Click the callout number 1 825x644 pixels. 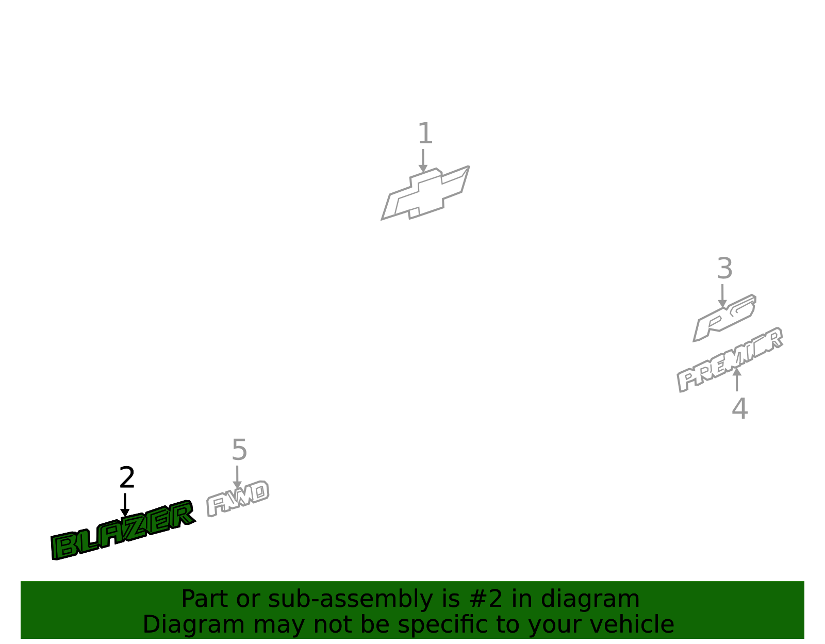425,133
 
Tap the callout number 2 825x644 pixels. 127,478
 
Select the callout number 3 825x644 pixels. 725,268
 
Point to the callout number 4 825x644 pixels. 739,409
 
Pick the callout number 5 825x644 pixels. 240,450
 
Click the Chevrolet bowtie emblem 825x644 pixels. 425,193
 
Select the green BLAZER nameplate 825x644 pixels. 123,530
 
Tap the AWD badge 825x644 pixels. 238,499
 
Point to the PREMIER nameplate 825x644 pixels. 730,360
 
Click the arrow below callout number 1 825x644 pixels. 423,160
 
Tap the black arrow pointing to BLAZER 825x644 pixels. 125,505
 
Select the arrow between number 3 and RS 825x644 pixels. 722,296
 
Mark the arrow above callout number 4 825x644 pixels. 737,379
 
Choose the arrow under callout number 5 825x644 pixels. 237,477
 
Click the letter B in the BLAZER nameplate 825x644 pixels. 64,546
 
